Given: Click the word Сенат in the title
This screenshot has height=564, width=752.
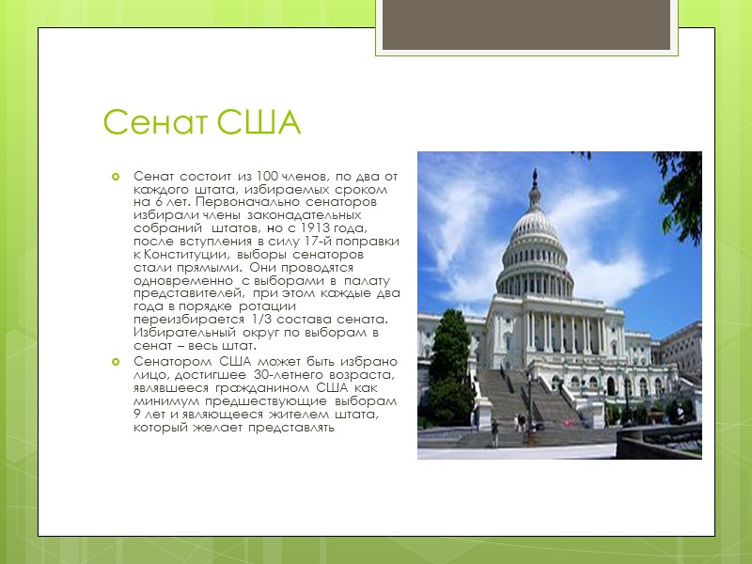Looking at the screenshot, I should pos(156,123).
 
